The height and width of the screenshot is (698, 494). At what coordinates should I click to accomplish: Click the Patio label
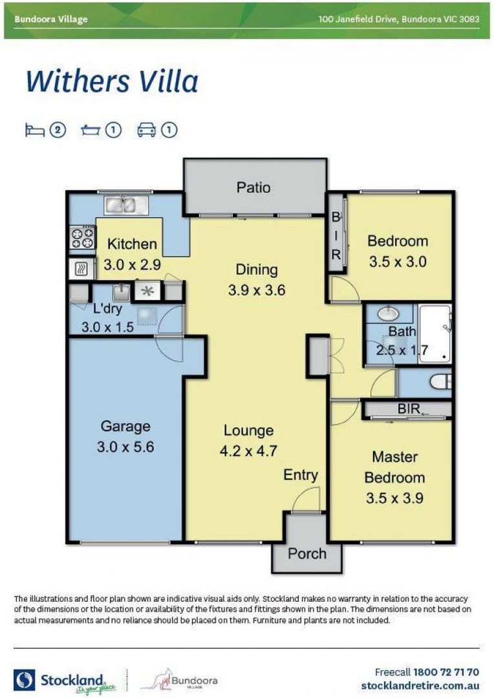click(253, 187)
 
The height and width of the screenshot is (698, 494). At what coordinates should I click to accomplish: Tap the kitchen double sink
click(127, 205)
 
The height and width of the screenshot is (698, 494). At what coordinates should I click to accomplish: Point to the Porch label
click(307, 554)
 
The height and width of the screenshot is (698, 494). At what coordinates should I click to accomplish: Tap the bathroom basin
click(390, 315)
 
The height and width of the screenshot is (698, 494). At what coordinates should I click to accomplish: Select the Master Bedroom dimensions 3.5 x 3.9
click(394, 498)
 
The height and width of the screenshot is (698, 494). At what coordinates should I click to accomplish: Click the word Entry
click(301, 476)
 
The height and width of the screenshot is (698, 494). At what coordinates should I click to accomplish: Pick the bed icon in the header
click(34, 131)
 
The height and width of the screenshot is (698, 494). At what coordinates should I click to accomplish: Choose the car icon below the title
click(147, 131)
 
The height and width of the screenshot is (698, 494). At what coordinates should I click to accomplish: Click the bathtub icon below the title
click(91, 131)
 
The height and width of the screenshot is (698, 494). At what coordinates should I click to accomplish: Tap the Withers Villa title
click(112, 82)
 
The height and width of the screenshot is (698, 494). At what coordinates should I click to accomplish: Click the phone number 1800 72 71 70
click(446, 672)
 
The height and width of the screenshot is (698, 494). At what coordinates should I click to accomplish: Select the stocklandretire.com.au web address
click(420, 685)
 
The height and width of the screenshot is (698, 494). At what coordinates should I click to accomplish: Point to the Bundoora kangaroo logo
click(178, 681)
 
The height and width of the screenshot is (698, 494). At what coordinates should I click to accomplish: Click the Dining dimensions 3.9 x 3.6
click(257, 290)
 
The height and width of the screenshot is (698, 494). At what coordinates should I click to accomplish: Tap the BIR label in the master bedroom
click(409, 408)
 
